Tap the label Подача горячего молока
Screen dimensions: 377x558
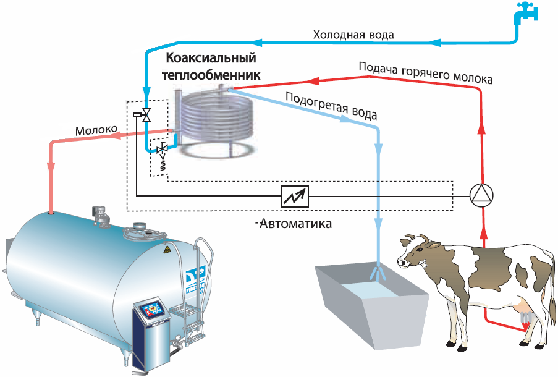coord(426,72)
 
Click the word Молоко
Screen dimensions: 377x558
coord(96,131)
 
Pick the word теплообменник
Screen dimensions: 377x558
coord(210,74)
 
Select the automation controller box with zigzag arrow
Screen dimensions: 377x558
coord(295,196)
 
